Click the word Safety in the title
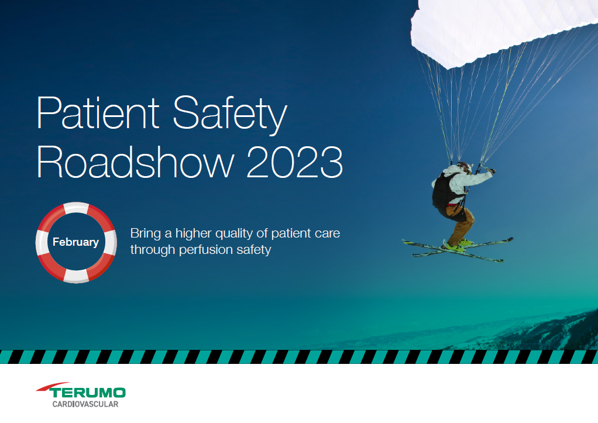230,115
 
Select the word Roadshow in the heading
135,161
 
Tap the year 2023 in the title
295,161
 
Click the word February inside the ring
75,242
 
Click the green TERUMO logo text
87,393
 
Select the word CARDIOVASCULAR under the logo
85,404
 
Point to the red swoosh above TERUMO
53,386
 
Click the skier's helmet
464,166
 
